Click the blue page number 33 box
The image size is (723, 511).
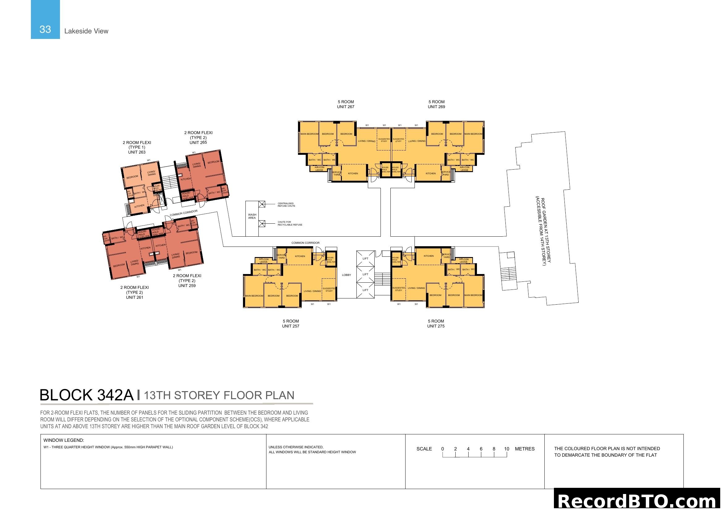pyautogui.click(x=45, y=19)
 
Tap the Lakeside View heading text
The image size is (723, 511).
pyautogui.click(x=86, y=31)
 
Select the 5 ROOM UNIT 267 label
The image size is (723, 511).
pyautogui.click(x=346, y=104)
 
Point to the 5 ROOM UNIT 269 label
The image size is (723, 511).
pyautogui.click(x=436, y=104)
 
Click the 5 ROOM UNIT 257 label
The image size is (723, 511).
pyautogui.click(x=290, y=323)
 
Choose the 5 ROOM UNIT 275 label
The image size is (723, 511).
pyautogui.click(x=436, y=323)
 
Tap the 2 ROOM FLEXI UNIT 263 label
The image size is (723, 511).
pyautogui.click(x=137, y=147)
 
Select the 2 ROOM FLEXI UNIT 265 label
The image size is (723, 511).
pyautogui.click(x=198, y=137)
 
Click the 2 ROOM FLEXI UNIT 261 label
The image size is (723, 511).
pyautogui.click(x=134, y=292)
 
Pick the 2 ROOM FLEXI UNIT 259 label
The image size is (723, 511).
pyautogui.click(x=187, y=281)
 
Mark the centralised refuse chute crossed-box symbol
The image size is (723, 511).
pyautogui.click(x=262, y=204)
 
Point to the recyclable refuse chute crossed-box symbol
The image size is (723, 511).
pyautogui.click(x=262, y=224)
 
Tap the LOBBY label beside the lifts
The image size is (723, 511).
pyautogui.click(x=346, y=275)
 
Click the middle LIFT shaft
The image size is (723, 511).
pyautogui.click(x=365, y=274)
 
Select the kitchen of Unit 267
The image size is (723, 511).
pyautogui.click(x=353, y=173)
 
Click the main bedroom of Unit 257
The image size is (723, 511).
pyautogui.click(x=254, y=296)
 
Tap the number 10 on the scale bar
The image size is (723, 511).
pyautogui.click(x=506, y=449)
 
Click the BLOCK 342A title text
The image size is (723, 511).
pyautogui.click(x=87, y=395)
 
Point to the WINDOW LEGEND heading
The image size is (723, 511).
pyautogui.click(x=64, y=440)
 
